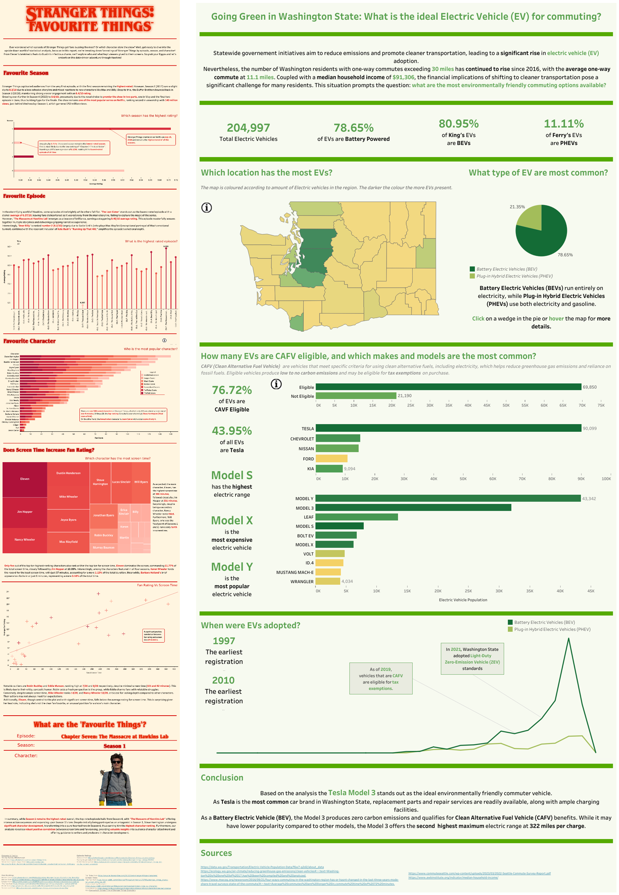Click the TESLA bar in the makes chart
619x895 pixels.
(x=448, y=428)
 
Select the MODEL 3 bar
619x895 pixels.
(x=413, y=508)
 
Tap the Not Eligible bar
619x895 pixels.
(x=356, y=396)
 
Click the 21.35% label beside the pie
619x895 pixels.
(x=517, y=207)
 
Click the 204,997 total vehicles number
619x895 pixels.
(x=248, y=128)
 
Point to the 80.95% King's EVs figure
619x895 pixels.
(x=458, y=124)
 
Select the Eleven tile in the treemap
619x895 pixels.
(x=25, y=479)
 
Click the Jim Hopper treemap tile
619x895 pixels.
(x=25, y=512)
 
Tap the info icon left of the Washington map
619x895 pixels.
(x=207, y=208)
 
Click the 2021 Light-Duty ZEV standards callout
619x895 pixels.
(x=472, y=659)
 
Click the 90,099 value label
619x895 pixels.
(x=589, y=429)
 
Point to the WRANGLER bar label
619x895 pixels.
(x=302, y=581)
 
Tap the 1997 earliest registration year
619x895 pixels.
(x=224, y=641)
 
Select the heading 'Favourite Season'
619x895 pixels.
(x=26, y=73)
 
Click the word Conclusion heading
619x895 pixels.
(x=222, y=778)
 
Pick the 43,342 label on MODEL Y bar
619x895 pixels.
(x=589, y=499)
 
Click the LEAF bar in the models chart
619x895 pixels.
(x=356, y=517)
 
